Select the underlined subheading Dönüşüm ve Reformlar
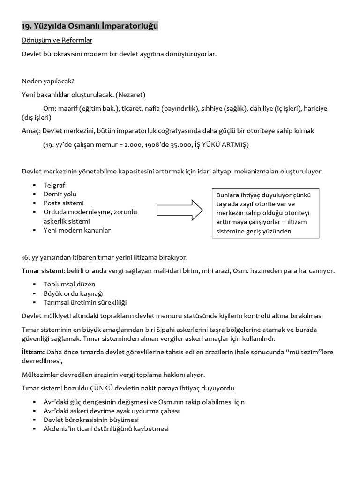pos(57,40)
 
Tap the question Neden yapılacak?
pos(48,81)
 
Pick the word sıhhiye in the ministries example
pos(213,108)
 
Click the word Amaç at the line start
pos(30,131)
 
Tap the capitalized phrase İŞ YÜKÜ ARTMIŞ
pos(226,144)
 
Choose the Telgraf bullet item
pos(55,185)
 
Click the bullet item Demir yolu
pos(60,194)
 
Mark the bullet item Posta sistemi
pos(64,203)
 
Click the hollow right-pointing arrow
pos(180,210)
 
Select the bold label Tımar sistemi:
pos(43,271)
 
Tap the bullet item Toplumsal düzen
pos(69,284)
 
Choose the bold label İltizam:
pos(33,352)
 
